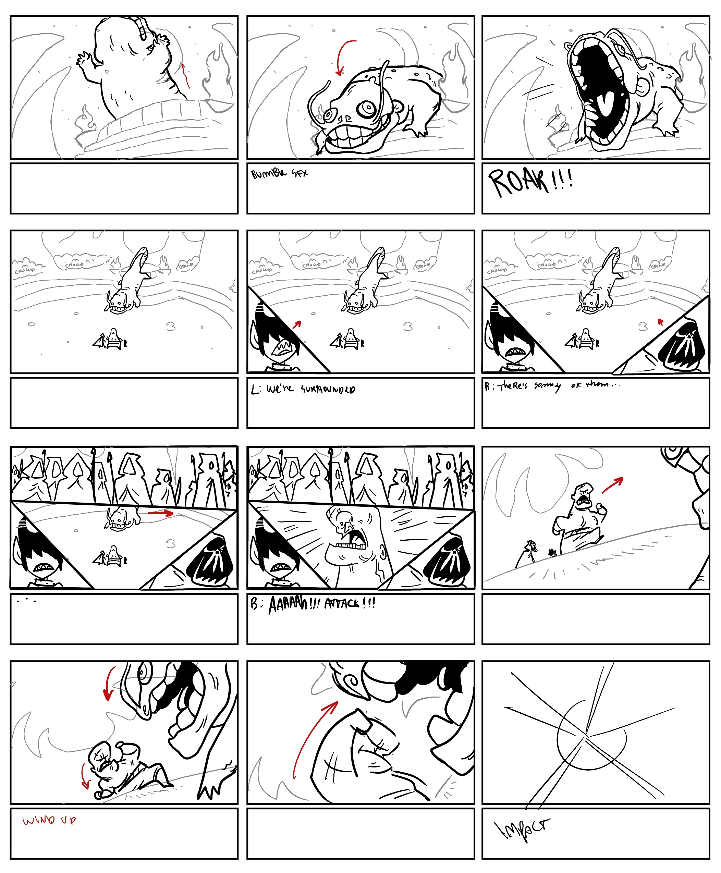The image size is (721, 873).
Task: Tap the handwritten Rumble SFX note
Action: click(279, 173)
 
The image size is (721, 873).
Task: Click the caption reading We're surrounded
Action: click(303, 389)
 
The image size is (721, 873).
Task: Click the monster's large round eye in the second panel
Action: click(368, 109)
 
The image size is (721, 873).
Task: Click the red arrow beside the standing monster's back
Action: click(186, 76)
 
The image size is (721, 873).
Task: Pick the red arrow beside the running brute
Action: click(613, 485)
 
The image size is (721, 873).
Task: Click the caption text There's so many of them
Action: click(552, 386)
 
